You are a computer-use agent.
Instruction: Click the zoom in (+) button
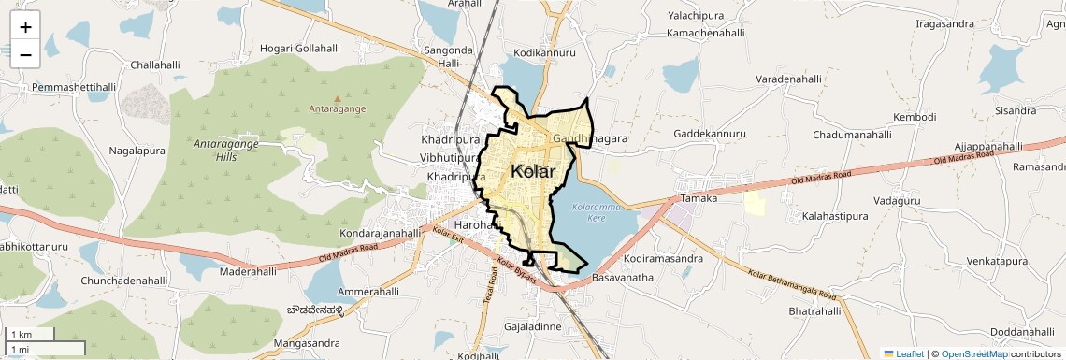tap(25, 27)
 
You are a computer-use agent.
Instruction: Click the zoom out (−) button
tap(25, 54)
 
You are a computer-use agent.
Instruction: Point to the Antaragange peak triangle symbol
tap(338, 97)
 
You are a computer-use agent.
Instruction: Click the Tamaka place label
tap(699, 198)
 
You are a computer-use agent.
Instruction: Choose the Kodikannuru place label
tap(544, 52)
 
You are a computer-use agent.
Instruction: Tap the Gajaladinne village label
tap(532, 326)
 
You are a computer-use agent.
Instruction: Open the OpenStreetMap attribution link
tap(973, 354)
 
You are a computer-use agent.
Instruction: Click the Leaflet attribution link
tap(904, 354)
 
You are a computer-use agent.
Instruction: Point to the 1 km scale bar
tap(31, 335)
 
